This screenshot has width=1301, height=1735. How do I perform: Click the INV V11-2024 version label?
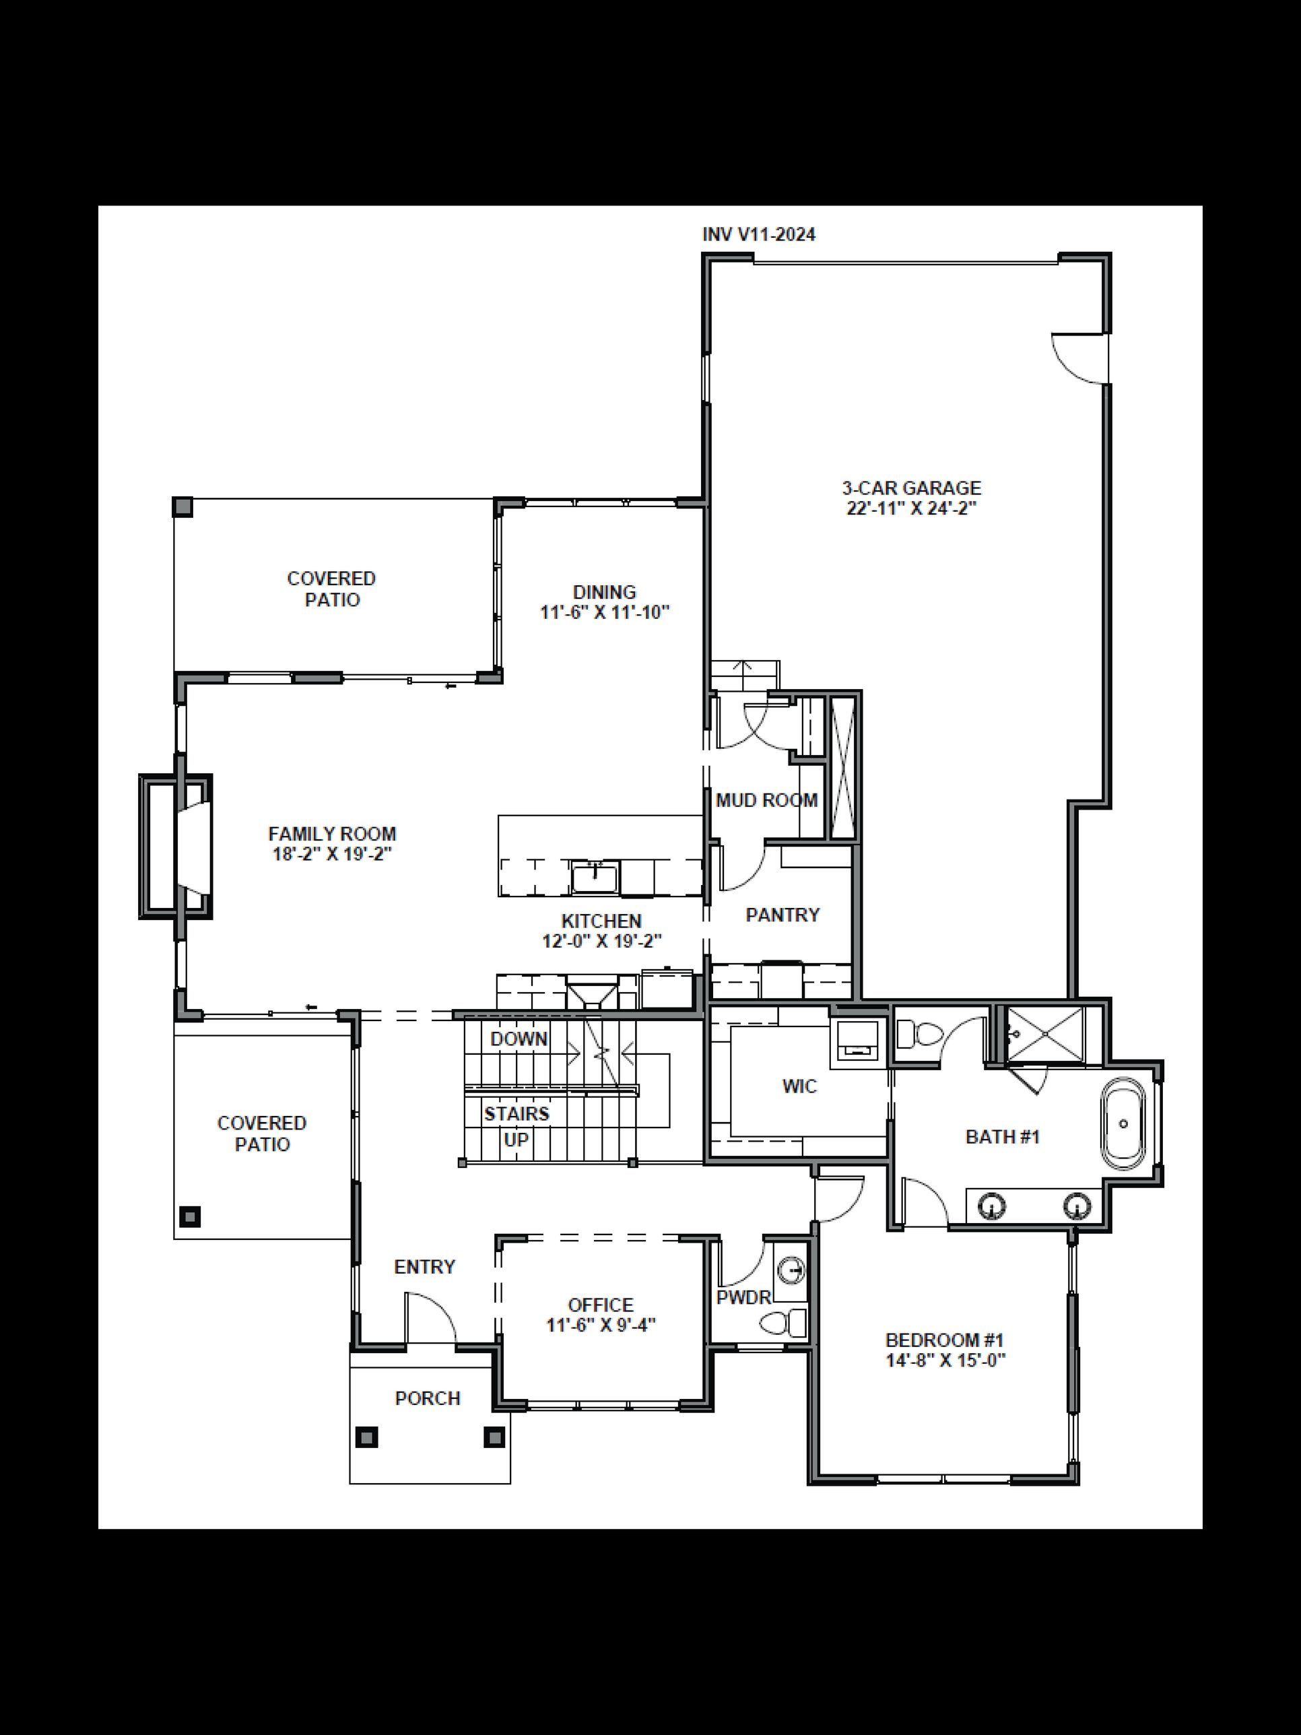click(758, 234)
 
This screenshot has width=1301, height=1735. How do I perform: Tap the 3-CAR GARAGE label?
click(911, 488)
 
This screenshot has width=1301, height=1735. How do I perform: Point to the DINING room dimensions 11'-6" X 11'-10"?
click(605, 613)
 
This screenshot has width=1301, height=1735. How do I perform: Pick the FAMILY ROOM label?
click(332, 834)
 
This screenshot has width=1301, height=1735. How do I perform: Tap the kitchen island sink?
click(595, 876)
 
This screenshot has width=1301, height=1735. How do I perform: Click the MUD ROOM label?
click(766, 800)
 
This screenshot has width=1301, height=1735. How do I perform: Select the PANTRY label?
click(782, 915)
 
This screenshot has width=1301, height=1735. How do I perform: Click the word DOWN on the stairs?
click(519, 1039)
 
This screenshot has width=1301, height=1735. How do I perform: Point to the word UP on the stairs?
click(516, 1140)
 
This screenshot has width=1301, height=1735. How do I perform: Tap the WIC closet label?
click(799, 1086)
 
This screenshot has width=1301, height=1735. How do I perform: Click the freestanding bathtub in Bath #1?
click(1124, 1124)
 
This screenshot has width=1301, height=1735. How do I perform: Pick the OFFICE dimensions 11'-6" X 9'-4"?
click(601, 1325)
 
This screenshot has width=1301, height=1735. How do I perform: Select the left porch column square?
click(366, 1437)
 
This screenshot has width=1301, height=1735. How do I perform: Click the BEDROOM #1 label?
click(944, 1340)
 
